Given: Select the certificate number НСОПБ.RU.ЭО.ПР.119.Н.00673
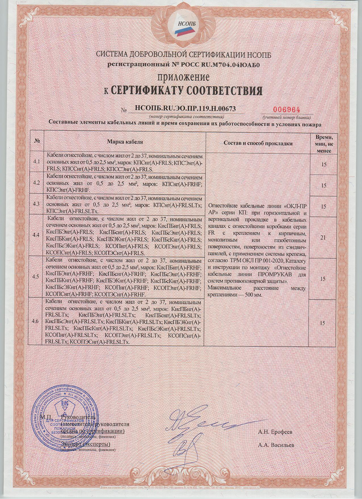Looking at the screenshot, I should pos(185,108).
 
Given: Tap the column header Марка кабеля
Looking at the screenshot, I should pos(125,142).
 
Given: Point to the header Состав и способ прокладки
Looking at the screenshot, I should pos(258,143).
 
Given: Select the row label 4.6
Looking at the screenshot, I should pos(36,321).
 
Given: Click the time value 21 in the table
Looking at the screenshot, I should pos(323,238).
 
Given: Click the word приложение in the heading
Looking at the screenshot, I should pos(184,77).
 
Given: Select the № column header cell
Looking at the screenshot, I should pos(37,141).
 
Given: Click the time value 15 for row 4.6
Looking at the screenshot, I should pos(323,323).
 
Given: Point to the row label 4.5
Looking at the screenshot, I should pos(36,277).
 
